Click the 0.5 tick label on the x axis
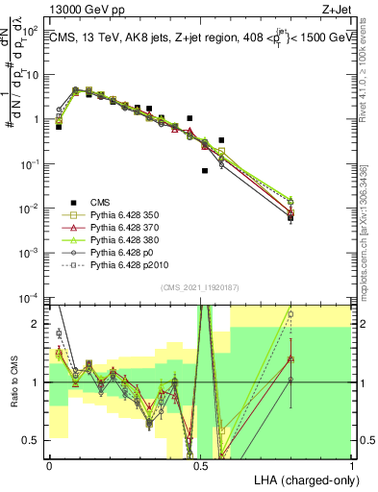[x=200, y=464]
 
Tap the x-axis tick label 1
[x=351, y=464]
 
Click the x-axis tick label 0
[x=49, y=464]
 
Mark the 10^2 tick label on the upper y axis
[x=31, y=31]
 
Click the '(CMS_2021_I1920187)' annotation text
[x=199, y=287]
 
